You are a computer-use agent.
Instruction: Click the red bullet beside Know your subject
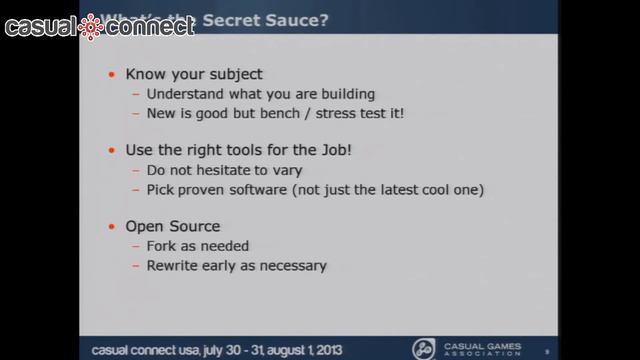coord(110,74)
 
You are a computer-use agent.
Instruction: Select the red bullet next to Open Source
coord(110,226)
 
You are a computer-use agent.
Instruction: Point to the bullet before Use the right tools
coord(110,150)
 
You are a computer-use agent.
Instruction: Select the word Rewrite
coord(174,265)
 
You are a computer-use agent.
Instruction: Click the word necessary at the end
coord(295,266)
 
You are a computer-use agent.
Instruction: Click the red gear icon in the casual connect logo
coord(92,27)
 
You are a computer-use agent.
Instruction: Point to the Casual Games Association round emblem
coord(423,348)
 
